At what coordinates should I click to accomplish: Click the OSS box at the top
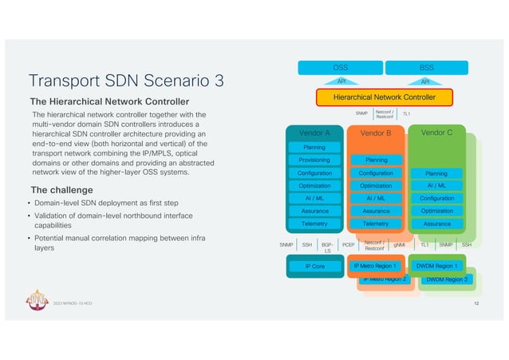pos(340,69)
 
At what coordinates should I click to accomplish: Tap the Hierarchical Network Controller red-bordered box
pos(385,97)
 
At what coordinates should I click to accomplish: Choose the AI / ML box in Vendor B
pos(375,198)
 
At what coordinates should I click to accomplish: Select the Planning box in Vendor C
pos(436,172)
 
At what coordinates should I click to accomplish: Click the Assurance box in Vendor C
pos(436,224)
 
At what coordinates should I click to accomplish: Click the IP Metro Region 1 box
pos(375,265)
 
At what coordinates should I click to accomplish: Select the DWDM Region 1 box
pos(436,265)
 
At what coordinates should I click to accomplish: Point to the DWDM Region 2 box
pos(447,279)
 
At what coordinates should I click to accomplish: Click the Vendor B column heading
pos(375,133)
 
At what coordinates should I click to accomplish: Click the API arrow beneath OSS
pos(340,81)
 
